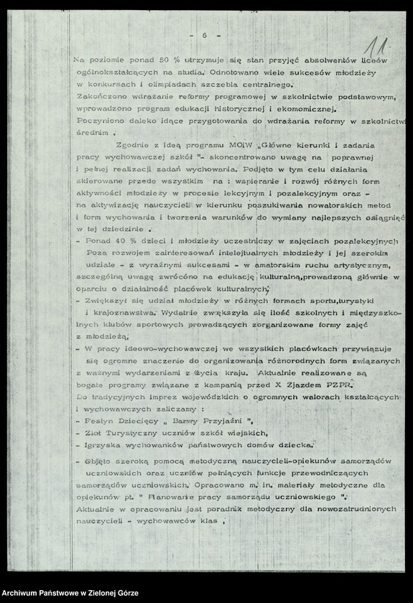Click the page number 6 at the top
pos(205,35)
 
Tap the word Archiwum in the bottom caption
pos(23,594)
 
